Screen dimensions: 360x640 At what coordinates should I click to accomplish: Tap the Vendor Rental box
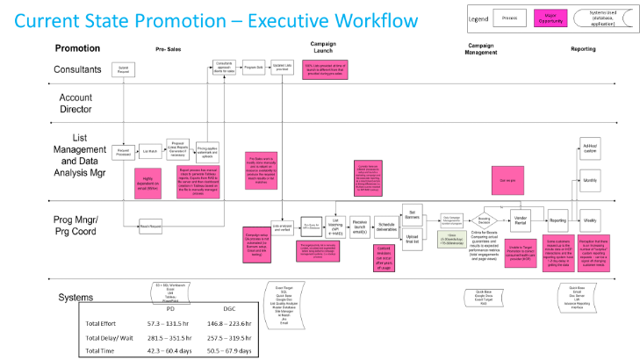click(520, 220)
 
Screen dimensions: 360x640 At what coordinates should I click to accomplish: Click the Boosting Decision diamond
click(484, 220)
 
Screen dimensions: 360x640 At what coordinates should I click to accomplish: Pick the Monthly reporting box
click(590, 179)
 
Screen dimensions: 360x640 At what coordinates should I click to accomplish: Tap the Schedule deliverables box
click(386, 225)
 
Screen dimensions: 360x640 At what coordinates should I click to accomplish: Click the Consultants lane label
click(77, 69)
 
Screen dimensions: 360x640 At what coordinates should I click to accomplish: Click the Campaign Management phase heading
click(480, 48)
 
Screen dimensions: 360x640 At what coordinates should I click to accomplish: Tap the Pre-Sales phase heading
click(168, 49)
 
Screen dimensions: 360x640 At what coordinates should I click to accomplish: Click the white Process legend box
click(508, 17)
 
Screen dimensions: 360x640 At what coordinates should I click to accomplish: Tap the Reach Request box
click(152, 227)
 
